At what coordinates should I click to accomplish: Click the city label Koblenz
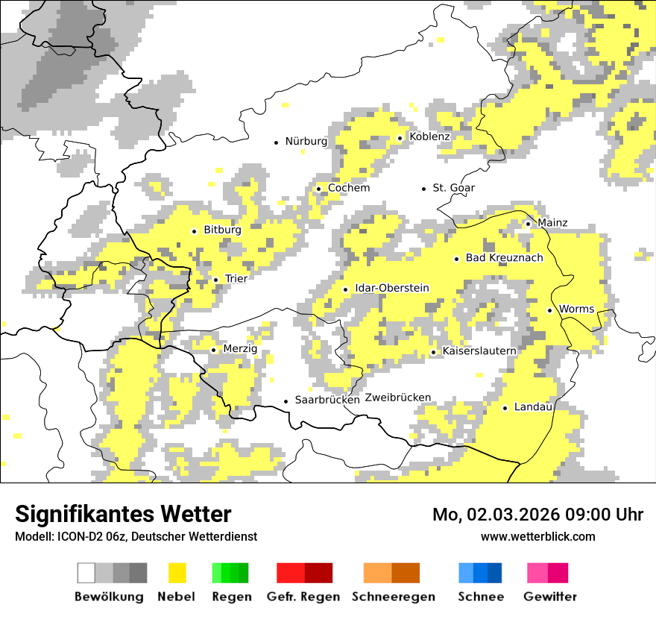(x=429, y=136)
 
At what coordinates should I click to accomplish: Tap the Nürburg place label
(x=306, y=141)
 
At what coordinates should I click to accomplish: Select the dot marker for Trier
(x=215, y=280)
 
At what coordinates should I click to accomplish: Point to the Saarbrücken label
(x=327, y=400)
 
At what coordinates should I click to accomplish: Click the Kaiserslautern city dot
(x=433, y=352)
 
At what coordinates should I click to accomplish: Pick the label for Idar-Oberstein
(x=392, y=288)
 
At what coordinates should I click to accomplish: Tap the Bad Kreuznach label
(x=504, y=257)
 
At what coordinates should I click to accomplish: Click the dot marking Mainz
(x=528, y=224)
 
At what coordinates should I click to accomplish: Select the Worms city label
(x=576, y=309)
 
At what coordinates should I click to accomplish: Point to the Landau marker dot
(x=505, y=408)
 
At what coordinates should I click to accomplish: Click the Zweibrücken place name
(x=398, y=398)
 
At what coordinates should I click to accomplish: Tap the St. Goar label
(x=453, y=188)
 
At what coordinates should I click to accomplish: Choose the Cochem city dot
(x=318, y=189)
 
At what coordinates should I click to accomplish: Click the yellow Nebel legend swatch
(x=177, y=573)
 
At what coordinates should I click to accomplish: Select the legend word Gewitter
(x=550, y=597)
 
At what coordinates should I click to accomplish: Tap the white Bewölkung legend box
(x=86, y=573)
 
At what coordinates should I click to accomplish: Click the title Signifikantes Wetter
(x=123, y=514)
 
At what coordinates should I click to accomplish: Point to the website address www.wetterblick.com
(x=538, y=536)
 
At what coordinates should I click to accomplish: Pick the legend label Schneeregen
(x=394, y=597)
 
